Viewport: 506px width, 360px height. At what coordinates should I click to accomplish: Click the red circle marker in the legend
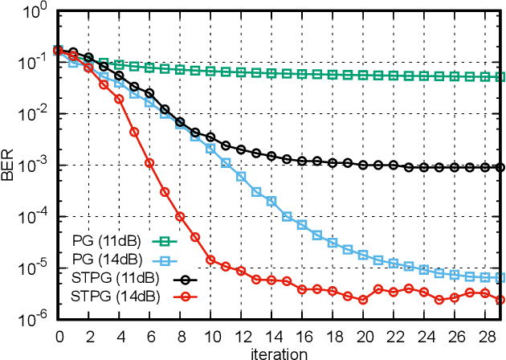click(x=185, y=298)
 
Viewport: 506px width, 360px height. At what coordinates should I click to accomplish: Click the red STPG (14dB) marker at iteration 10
click(x=210, y=260)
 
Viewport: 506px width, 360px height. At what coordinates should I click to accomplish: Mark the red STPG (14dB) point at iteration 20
click(x=363, y=299)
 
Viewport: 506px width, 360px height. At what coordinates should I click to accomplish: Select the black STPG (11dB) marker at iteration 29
click(x=500, y=167)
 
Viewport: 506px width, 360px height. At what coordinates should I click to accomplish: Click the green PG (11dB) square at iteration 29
click(x=500, y=76)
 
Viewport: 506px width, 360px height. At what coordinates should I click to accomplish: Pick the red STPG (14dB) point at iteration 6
click(x=149, y=162)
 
